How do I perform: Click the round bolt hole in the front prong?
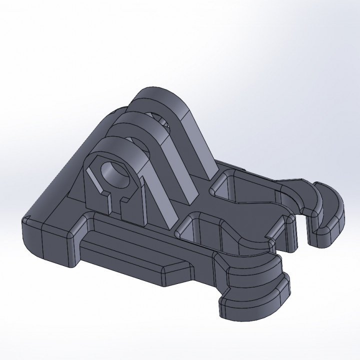point(117,174)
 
